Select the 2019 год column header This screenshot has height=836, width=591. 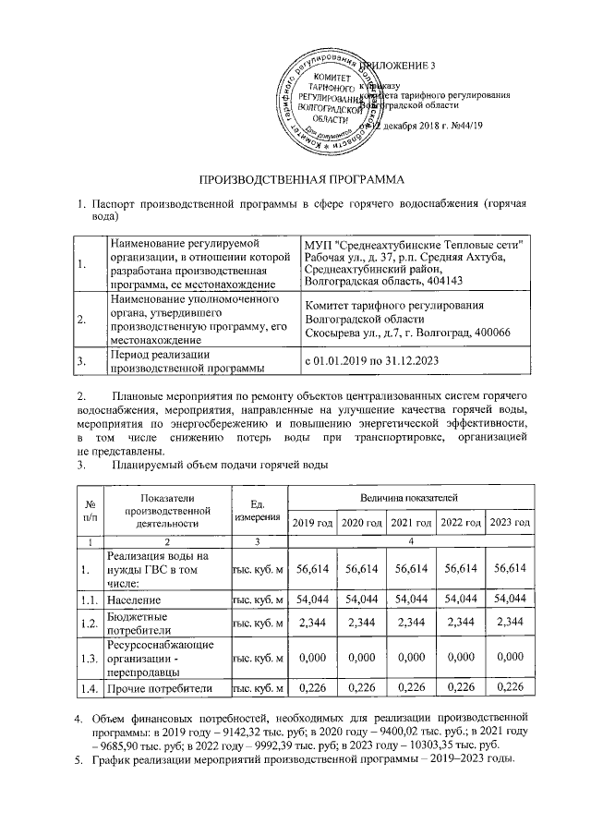312,523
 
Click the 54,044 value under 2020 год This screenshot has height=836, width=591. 362,600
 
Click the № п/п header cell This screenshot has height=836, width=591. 90,510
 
